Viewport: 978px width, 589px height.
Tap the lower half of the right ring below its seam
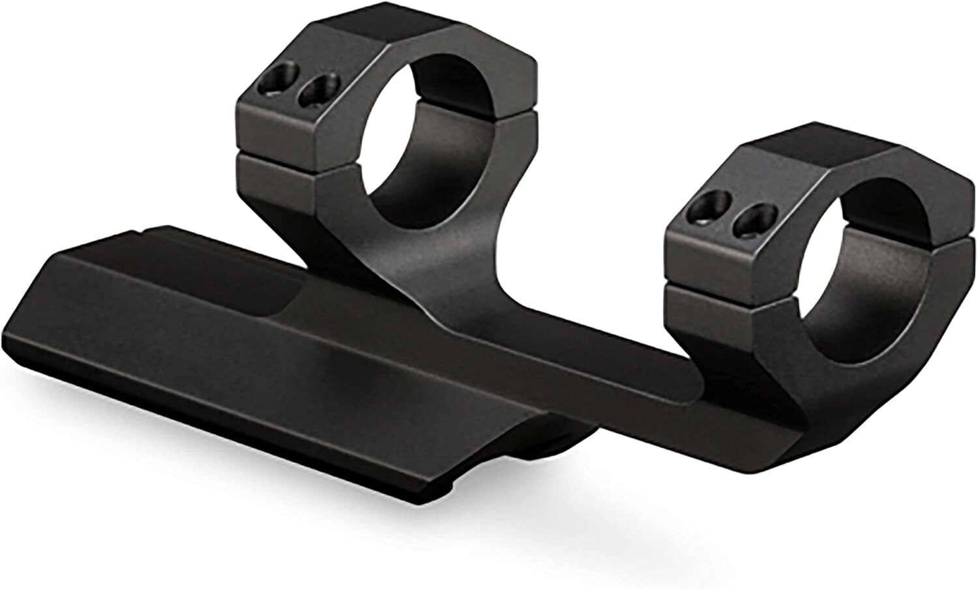pyautogui.click(x=717, y=326)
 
